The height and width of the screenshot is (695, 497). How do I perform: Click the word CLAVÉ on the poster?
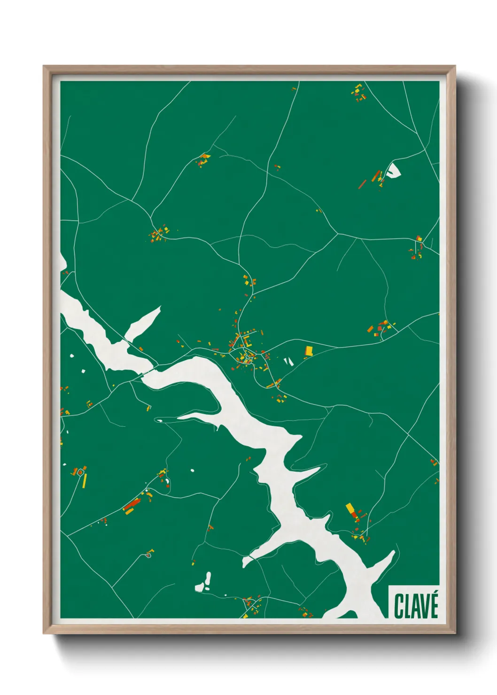coord(416,606)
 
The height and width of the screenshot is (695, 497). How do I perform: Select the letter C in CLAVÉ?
coord(398,606)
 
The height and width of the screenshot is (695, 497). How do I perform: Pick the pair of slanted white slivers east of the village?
coord(288,361)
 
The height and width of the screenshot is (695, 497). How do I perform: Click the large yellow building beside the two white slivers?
coord(309,350)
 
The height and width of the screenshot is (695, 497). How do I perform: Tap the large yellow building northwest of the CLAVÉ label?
coord(350,509)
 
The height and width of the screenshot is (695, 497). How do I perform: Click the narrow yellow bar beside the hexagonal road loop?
coord(85,480)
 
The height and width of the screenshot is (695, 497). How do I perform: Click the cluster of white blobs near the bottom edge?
coord(204,583)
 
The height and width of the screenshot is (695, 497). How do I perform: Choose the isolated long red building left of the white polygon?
coord(362,183)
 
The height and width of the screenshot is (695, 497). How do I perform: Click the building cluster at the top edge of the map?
coord(359,93)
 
